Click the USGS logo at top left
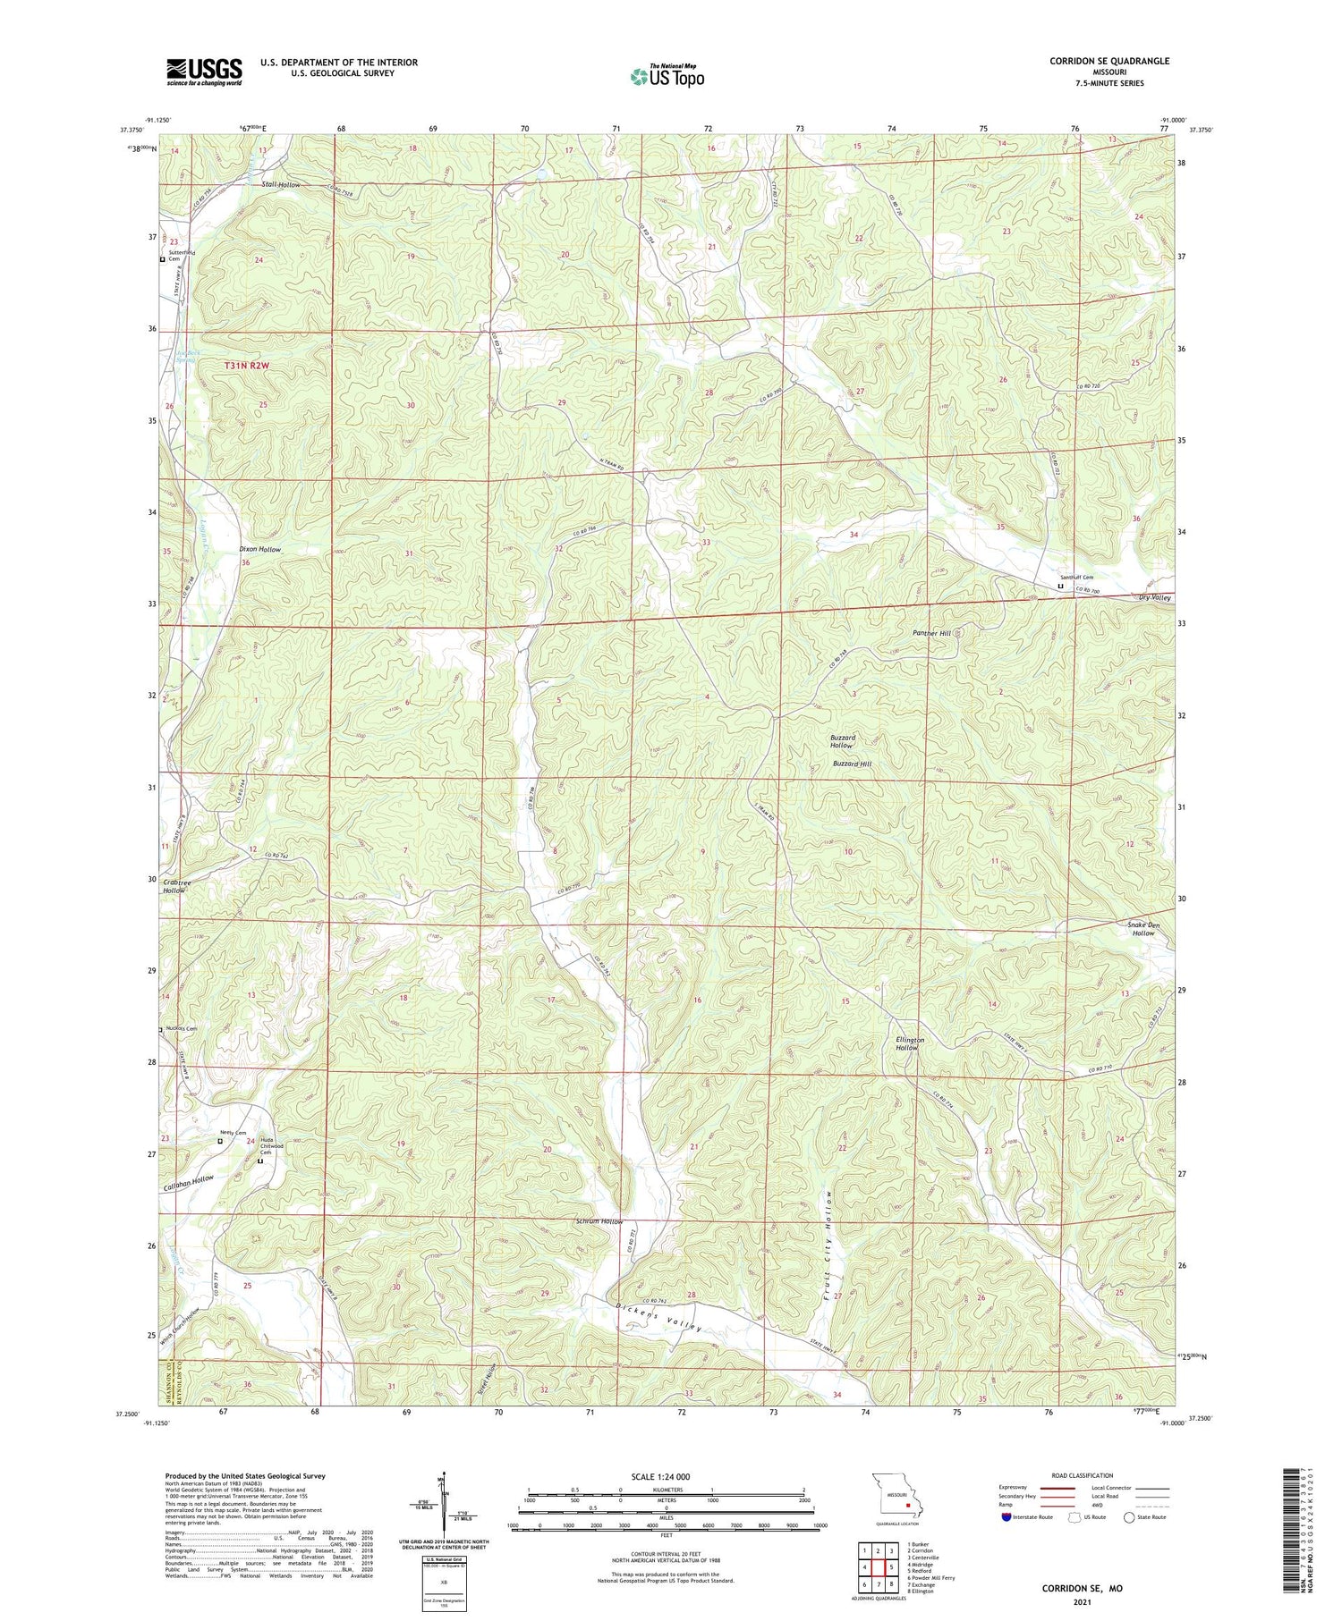(204, 72)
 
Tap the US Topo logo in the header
(667, 77)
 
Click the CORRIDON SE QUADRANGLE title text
(1109, 61)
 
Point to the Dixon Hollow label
(259, 550)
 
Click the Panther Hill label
(931, 633)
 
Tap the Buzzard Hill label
(852, 764)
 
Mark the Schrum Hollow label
(599, 1221)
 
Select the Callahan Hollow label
(189, 1180)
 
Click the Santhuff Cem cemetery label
(1076, 578)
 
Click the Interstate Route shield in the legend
(1008, 1517)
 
